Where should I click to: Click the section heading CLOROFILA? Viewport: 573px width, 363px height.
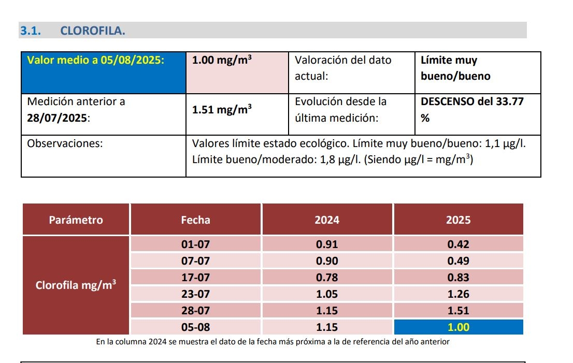(x=93, y=31)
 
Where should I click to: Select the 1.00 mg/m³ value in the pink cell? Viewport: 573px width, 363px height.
(x=222, y=60)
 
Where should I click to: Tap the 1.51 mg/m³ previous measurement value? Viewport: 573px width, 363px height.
(x=222, y=110)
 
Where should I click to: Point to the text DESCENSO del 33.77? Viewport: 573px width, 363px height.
(x=472, y=101)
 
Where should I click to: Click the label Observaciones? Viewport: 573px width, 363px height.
(x=65, y=143)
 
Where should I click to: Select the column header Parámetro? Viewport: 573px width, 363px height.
(x=76, y=220)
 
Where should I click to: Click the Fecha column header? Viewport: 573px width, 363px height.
(x=195, y=220)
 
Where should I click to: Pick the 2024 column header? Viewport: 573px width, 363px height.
(x=327, y=220)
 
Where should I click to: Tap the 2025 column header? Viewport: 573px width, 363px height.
(x=458, y=220)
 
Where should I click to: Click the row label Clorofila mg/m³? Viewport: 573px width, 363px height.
(x=76, y=285)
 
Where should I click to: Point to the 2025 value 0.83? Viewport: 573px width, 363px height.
(x=458, y=278)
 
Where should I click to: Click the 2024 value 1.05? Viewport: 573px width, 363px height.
(x=327, y=294)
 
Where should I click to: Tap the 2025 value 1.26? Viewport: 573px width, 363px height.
(x=458, y=294)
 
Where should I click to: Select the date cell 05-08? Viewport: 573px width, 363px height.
(x=195, y=327)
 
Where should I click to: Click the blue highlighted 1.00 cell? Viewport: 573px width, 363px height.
(x=458, y=327)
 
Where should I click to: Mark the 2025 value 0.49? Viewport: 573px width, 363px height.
(x=458, y=261)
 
